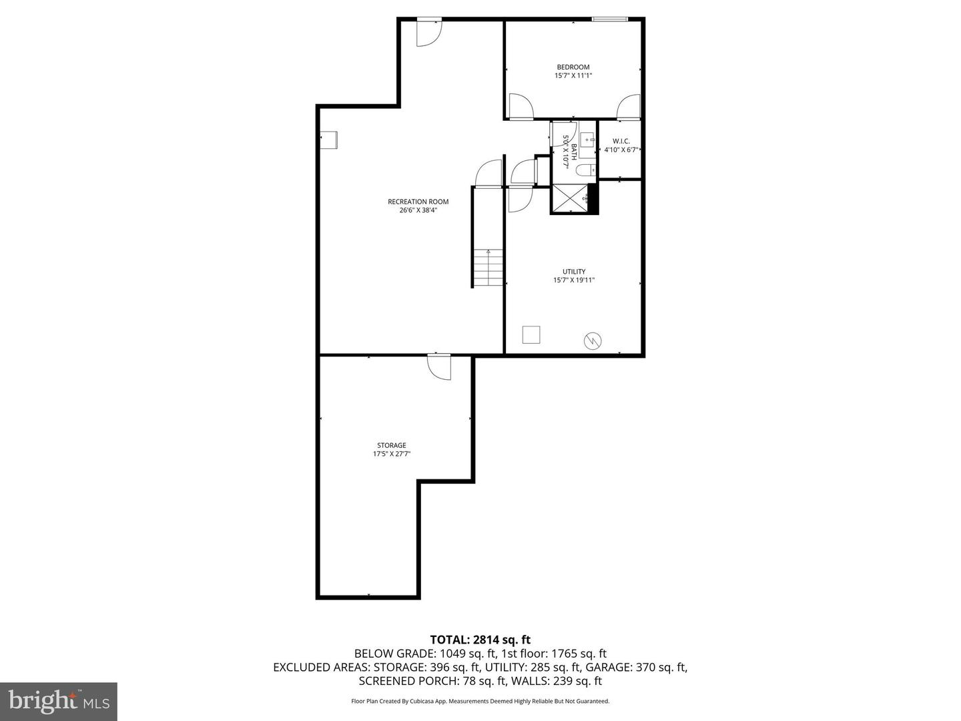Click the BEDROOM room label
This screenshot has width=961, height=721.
coord(573,67)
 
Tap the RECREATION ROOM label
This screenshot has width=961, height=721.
coord(418,202)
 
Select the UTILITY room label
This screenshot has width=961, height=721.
coord(573,272)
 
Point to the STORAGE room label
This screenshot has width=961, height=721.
coord(391,445)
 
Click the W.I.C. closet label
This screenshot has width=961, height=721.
coord(621,142)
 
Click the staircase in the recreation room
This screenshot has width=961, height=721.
coord(488,267)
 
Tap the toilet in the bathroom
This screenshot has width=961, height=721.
coord(585,170)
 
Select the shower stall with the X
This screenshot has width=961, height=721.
coord(569,198)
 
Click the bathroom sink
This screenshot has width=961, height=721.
coord(587,140)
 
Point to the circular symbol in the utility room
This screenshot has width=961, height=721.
coord(592,341)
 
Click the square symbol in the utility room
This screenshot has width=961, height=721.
coord(531,334)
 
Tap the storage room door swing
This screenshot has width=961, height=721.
coord(438,367)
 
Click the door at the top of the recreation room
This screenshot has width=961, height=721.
coord(428,33)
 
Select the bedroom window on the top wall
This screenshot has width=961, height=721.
coord(609,19)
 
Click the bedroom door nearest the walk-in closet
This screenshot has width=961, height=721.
coord(629,107)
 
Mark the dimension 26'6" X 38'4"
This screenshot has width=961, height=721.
coord(418,210)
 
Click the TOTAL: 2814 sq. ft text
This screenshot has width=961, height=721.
coord(480,640)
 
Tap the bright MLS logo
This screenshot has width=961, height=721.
coord(59,701)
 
